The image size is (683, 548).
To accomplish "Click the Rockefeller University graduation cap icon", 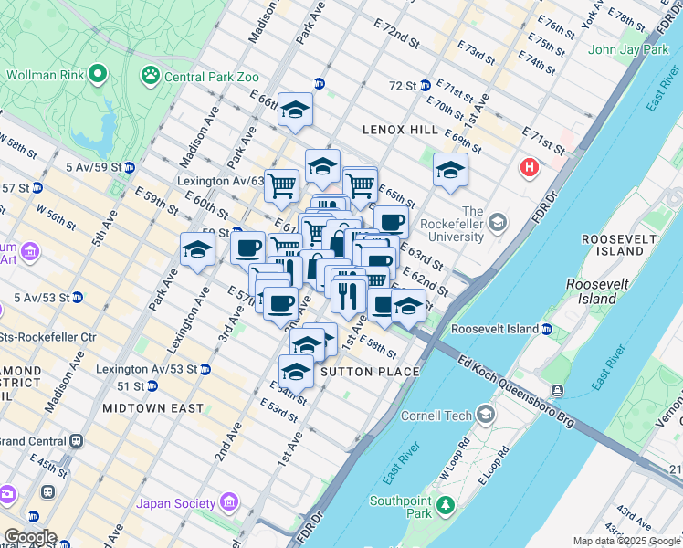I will click(498, 223).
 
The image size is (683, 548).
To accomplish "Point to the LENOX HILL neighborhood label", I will click(399, 130).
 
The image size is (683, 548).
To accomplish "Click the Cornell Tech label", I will click(437, 416).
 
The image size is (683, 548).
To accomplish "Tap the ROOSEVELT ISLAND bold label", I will click(619, 244).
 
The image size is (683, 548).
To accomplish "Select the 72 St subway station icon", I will click(426, 86).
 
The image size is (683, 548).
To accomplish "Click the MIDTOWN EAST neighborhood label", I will click(153, 407).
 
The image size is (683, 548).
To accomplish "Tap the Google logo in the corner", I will click(30, 537).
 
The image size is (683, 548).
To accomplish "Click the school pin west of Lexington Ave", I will click(198, 249).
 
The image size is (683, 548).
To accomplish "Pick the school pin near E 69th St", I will click(449, 169).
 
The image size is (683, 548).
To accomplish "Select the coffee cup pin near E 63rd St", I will click(391, 221).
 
